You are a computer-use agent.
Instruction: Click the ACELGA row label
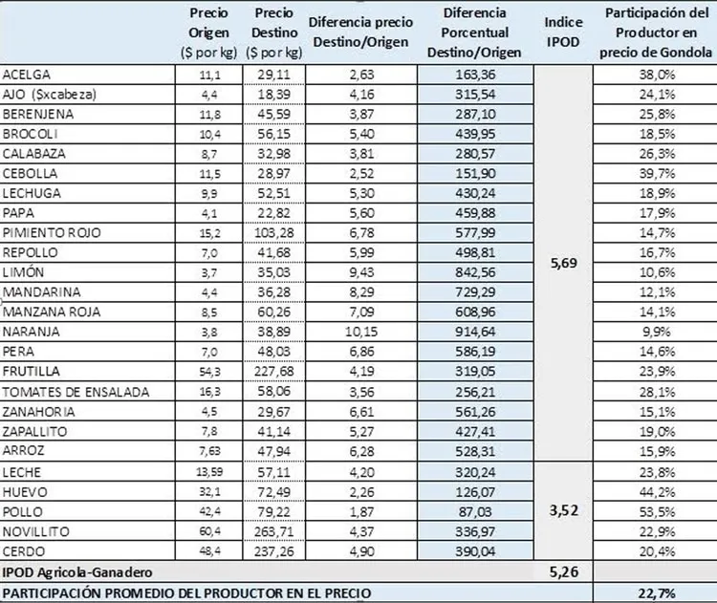click(x=27, y=75)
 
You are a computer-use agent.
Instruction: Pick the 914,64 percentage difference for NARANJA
click(x=476, y=331)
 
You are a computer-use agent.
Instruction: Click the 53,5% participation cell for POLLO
click(x=653, y=511)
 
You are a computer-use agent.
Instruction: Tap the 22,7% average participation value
click(x=653, y=593)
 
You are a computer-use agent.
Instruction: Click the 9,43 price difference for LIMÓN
click(x=358, y=271)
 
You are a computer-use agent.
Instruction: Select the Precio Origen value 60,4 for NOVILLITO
click(x=208, y=531)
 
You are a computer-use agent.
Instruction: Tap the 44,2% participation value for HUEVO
click(x=653, y=492)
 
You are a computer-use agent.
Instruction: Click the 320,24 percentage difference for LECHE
click(x=476, y=472)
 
